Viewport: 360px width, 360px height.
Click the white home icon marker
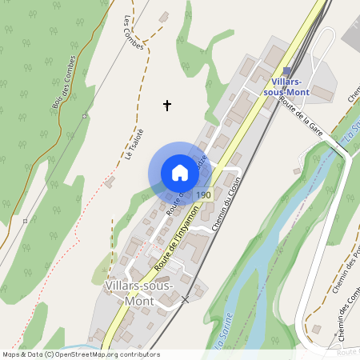pyautogui.click(x=180, y=172)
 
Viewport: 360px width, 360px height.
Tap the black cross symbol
pyautogui.click(x=168, y=105)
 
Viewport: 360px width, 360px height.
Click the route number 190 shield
pyautogui.click(x=202, y=194)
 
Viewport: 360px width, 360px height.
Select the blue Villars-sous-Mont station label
pyautogui.click(x=297, y=87)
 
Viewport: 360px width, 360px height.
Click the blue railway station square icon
pyautogui.click(x=286, y=71)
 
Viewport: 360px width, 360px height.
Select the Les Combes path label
pyautogui.click(x=134, y=33)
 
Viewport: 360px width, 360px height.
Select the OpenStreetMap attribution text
pyautogui.click(x=70, y=354)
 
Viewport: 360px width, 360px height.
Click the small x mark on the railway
pyautogui.click(x=186, y=299)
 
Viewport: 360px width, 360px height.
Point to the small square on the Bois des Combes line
pyautogui.click(x=84, y=117)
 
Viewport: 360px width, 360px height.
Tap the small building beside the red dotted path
pyautogui.click(x=110, y=182)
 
